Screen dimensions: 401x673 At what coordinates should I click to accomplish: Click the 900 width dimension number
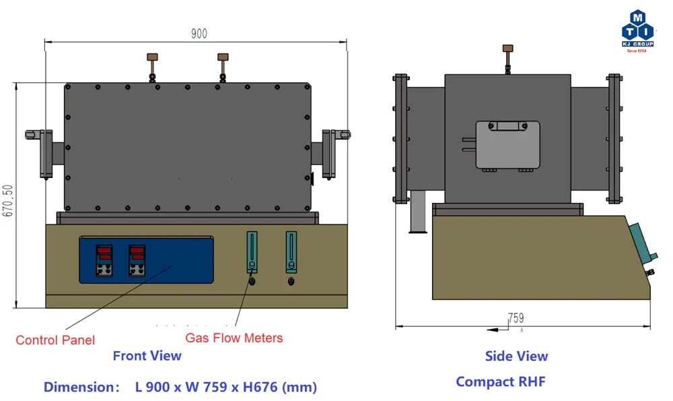pyautogui.click(x=199, y=34)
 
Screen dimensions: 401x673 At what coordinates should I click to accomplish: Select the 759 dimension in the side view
pyautogui.click(x=516, y=317)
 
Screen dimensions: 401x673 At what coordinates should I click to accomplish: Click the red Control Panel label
pyautogui.click(x=55, y=340)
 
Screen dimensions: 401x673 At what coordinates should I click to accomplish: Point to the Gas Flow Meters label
pyautogui.click(x=234, y=338)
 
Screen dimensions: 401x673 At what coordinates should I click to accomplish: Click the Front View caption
pyautogui.click(x=147, y=356)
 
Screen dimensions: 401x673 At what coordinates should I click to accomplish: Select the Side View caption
pyautogui.click(x=516, y=356)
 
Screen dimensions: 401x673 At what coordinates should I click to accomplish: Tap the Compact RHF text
pyautogui.click(x=500, y=381)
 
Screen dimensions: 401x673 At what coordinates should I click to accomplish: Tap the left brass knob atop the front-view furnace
pyautogui.click(x=153, y=57)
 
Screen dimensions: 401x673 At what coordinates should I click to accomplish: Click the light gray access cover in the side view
pyautogui.click(x=507, y=144)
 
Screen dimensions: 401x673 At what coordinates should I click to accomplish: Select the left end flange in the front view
pyautogui.click(x=46, y=153)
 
